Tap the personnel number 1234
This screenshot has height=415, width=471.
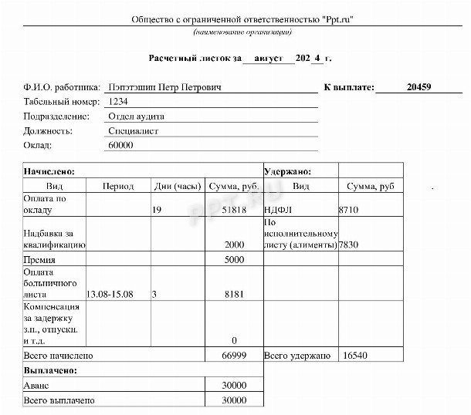[x=118, y=102]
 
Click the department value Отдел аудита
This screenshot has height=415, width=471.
[x=137, y=116]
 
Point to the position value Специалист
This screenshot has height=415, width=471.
[x=134, y=130]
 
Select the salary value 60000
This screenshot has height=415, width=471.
[x=121, y=144]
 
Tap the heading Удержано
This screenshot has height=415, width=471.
[x=287, y=171]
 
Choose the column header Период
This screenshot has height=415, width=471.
[x=118, y=187]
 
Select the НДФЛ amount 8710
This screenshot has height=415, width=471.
[x=349, y=209]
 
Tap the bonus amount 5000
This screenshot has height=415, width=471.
[x=234, y=260]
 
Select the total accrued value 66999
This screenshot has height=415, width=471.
[x=233, y=357]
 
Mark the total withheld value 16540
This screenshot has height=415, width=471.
[x=354, y=357]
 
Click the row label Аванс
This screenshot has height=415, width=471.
[x=37, y=386]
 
